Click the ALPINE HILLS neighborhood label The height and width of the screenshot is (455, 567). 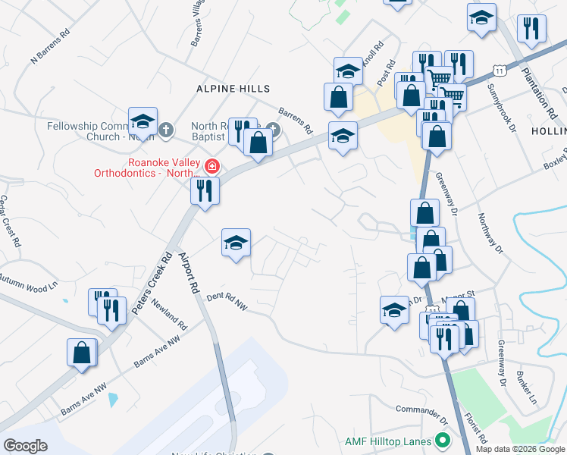228,89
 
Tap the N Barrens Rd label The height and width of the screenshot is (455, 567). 50,46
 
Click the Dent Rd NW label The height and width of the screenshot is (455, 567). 227,301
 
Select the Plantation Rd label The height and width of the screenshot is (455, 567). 540,92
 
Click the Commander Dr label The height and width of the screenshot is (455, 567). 421,412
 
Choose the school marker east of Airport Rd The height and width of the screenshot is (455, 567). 236,243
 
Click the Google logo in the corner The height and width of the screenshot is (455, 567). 25,446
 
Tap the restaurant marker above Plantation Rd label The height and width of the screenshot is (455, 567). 532,28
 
